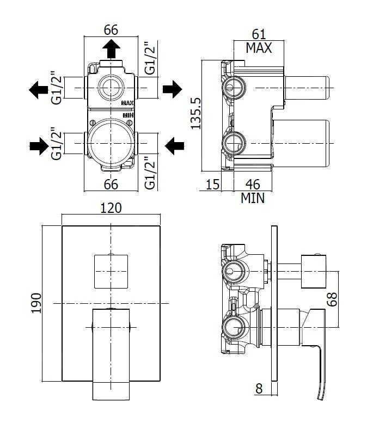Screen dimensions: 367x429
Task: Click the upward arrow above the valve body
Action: tap(111, 48)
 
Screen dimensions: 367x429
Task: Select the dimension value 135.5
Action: tap(196, 114)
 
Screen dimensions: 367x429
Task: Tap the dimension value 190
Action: tap(36, 303)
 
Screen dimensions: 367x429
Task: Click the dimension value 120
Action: tap(111, 208)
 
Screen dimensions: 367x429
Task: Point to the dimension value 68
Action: tap(332, 299)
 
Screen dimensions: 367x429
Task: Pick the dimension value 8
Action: tap(259, 389)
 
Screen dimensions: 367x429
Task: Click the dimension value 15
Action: tap(212, 185)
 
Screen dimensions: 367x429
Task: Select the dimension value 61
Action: tap(259, 34)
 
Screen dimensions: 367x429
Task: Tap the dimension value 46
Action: tap(252, 185)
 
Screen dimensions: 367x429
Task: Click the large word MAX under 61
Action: tap(259, 48)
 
